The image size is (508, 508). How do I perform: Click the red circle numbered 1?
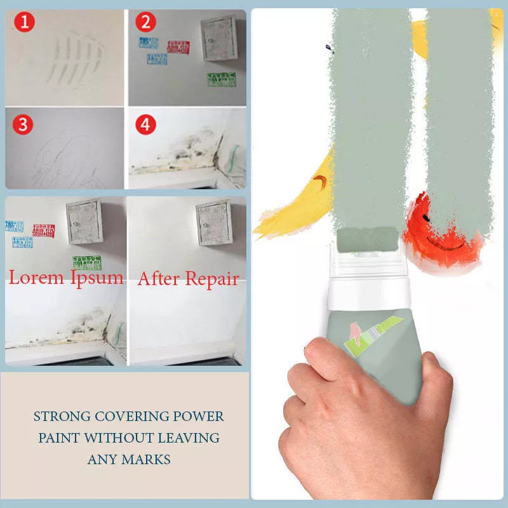24,23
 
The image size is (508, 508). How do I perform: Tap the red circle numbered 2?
146,23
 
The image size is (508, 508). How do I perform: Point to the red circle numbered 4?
145,124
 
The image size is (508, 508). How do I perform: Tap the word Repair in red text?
211,278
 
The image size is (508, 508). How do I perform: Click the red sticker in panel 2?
178,46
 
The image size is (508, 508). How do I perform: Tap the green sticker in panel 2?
222,79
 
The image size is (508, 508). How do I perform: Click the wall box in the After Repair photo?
214,222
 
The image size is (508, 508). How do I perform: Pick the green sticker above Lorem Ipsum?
86,262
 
